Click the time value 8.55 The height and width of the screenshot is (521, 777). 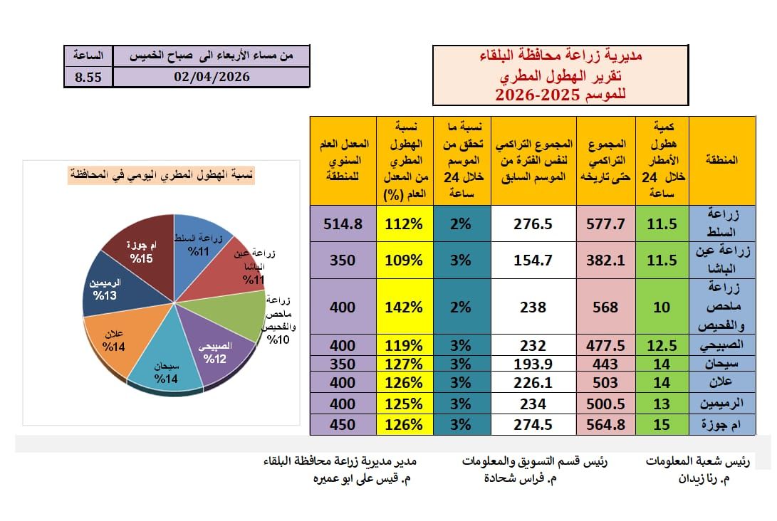[x=88, y=77]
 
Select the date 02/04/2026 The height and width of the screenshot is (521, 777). [x=212, y=77]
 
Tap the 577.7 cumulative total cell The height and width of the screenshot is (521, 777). [x=605, y=223]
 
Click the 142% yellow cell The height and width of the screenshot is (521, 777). [x=404, y=307]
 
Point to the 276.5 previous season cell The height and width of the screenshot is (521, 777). [x=533, y=223]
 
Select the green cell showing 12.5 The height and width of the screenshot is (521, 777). [x=663, y=345]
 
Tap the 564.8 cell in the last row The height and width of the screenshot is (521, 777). [x=605, y=426]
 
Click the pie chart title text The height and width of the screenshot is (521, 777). [x=162, y=174]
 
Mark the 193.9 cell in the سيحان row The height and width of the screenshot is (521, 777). [x=533, y=364]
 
